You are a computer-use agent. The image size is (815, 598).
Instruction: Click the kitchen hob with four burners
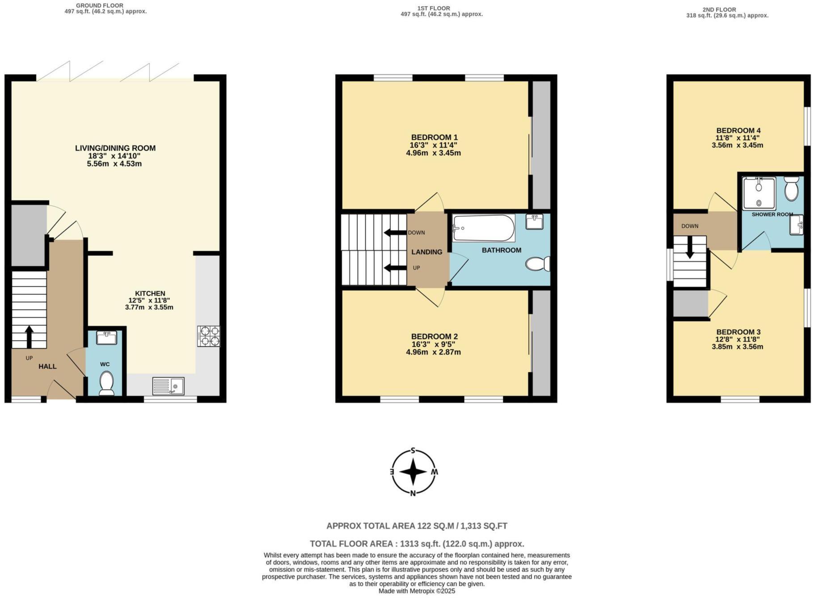(208, 337)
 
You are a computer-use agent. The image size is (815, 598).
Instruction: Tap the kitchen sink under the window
(168, 386)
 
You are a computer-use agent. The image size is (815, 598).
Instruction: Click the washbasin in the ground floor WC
(106, 338)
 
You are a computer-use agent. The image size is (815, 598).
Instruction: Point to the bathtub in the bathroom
(483, 228)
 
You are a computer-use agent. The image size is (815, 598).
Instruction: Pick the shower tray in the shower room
(759, 193)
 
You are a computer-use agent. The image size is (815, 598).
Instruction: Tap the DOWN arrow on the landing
(393, 232)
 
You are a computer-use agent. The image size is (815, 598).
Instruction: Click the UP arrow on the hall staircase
(30, 337)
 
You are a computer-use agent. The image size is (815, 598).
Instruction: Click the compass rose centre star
(413, 472)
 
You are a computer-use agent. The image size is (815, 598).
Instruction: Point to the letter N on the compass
(413, 493)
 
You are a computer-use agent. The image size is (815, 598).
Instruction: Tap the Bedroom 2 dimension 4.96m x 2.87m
(433, 352)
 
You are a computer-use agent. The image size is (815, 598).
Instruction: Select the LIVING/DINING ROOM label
(115, 148)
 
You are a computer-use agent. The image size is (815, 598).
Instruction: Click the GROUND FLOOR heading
(100, 5)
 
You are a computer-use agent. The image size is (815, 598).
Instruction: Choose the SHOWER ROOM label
(772, 214)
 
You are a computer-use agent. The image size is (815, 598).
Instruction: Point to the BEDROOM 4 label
(738, 131)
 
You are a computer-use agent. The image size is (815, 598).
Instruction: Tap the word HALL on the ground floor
(47, 367)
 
